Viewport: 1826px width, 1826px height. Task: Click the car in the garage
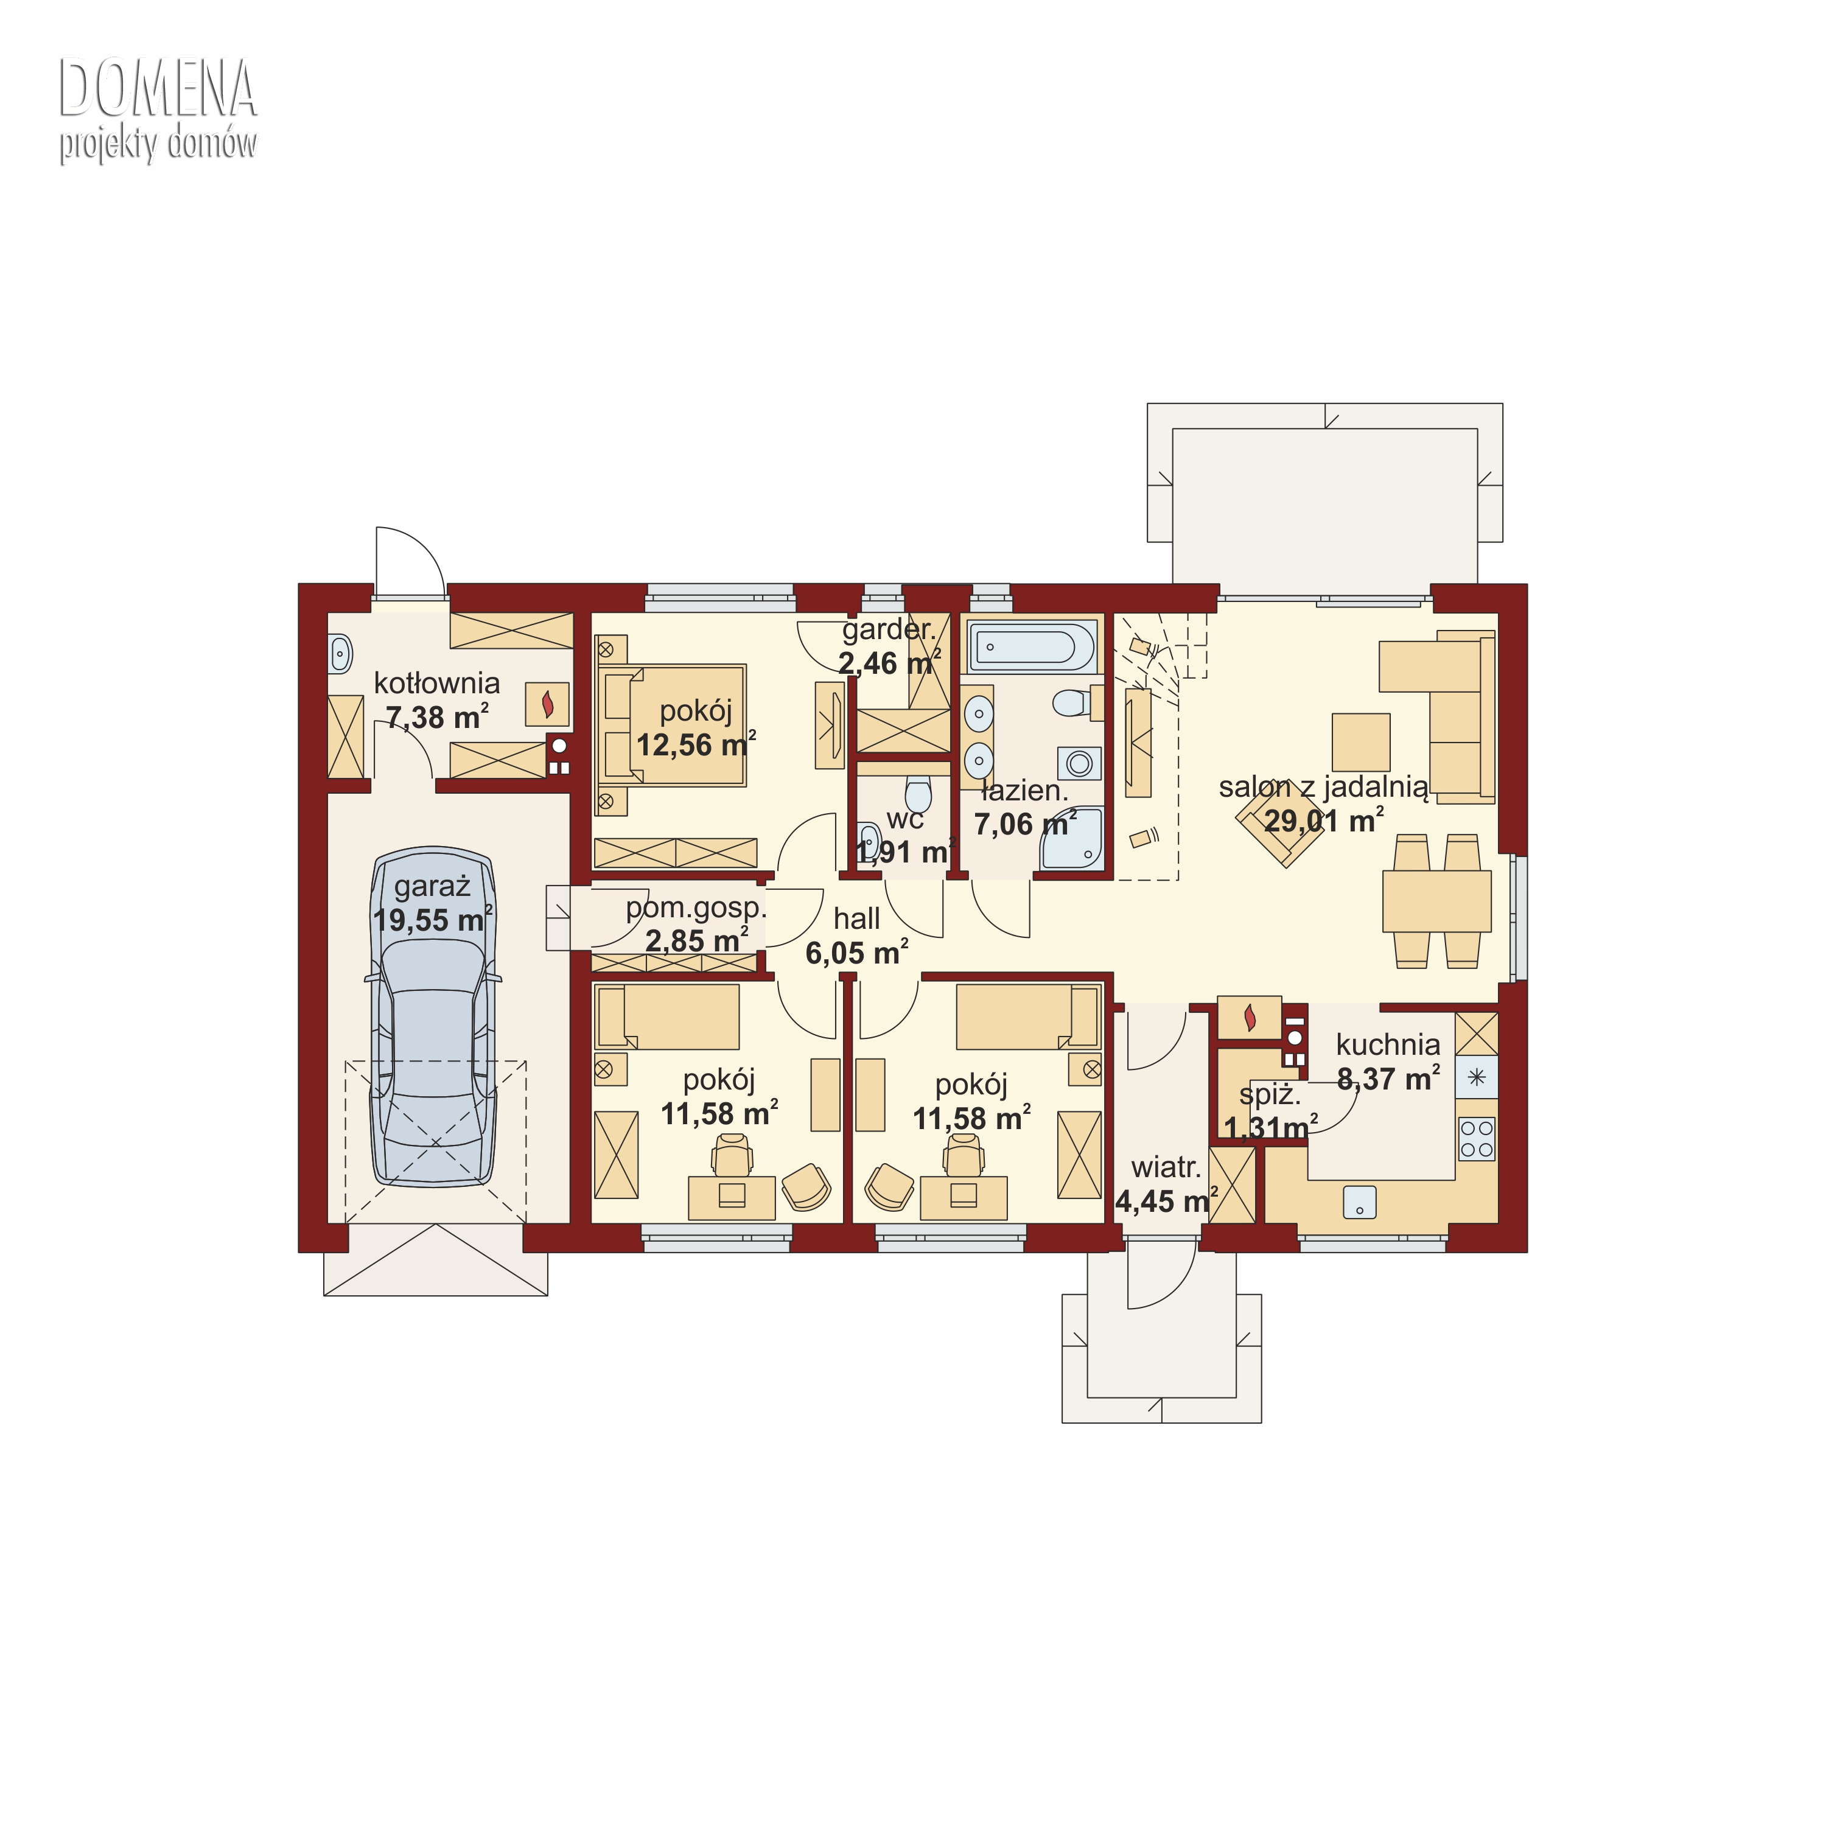point(435,1017)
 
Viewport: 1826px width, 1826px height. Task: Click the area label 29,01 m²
point(1324,820)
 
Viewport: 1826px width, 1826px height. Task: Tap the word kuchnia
point(1388,1044)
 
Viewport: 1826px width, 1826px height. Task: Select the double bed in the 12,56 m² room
point(671,725)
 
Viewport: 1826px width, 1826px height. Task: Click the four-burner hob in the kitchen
point(1476,1138)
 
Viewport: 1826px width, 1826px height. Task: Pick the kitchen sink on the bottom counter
point(1359,1202)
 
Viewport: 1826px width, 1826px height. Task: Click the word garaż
point(432,887)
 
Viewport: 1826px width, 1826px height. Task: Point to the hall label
point(856,918)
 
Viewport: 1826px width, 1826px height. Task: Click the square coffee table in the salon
point(1361,742)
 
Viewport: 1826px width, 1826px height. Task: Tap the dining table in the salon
point(1436,901)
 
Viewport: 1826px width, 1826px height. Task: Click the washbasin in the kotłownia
point(341,653)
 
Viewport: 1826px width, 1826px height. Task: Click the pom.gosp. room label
point(696,908)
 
